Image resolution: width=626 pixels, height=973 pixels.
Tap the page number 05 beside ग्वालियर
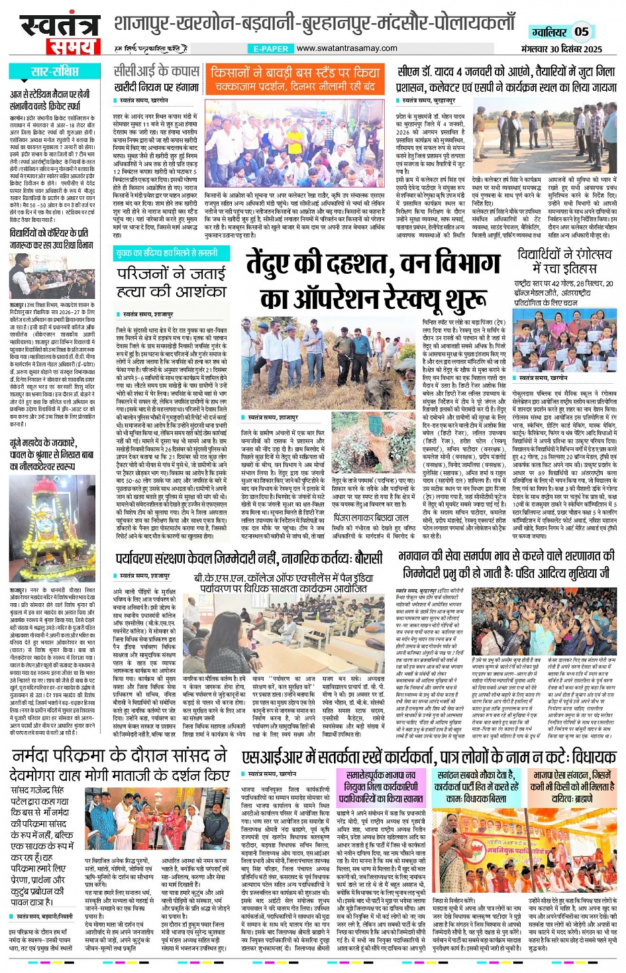pos(581,32)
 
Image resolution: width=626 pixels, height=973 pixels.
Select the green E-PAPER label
pos(271,48)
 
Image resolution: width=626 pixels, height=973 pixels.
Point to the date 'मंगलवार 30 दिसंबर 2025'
pos(561,49)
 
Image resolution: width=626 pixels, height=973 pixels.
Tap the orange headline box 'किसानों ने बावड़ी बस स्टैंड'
pos(295,78)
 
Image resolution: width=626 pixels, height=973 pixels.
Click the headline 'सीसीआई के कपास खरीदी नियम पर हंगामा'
pos(156,78)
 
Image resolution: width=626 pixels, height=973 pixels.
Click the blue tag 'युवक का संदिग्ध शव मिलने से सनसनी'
pos(166,253)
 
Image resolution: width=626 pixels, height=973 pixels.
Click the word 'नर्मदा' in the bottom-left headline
pos(39,756)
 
